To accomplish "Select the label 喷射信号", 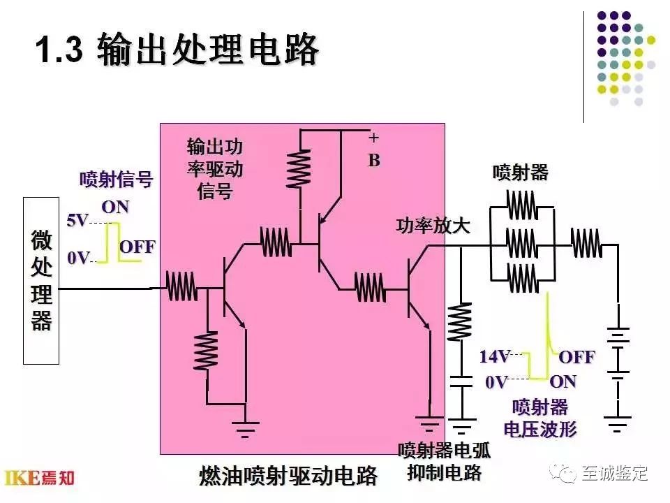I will (x=116, y=180).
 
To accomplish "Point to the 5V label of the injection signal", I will (x=77, y=221).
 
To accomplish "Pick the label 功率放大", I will (x=433, y=226).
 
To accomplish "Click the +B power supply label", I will (x=374, y=151).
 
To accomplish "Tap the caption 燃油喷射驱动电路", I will (x=288, y=476).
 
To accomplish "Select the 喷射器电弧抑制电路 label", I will (x=444, y=461).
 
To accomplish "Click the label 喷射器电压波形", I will (x=540, y=418).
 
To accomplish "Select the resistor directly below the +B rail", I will (x=299, y=168).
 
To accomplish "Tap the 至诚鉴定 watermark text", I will (x=615, y=473).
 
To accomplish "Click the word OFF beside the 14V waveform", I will (x=576, y=357).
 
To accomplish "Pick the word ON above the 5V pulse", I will (x=115, y=207).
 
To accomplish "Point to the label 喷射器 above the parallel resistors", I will (x=520, y=173).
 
